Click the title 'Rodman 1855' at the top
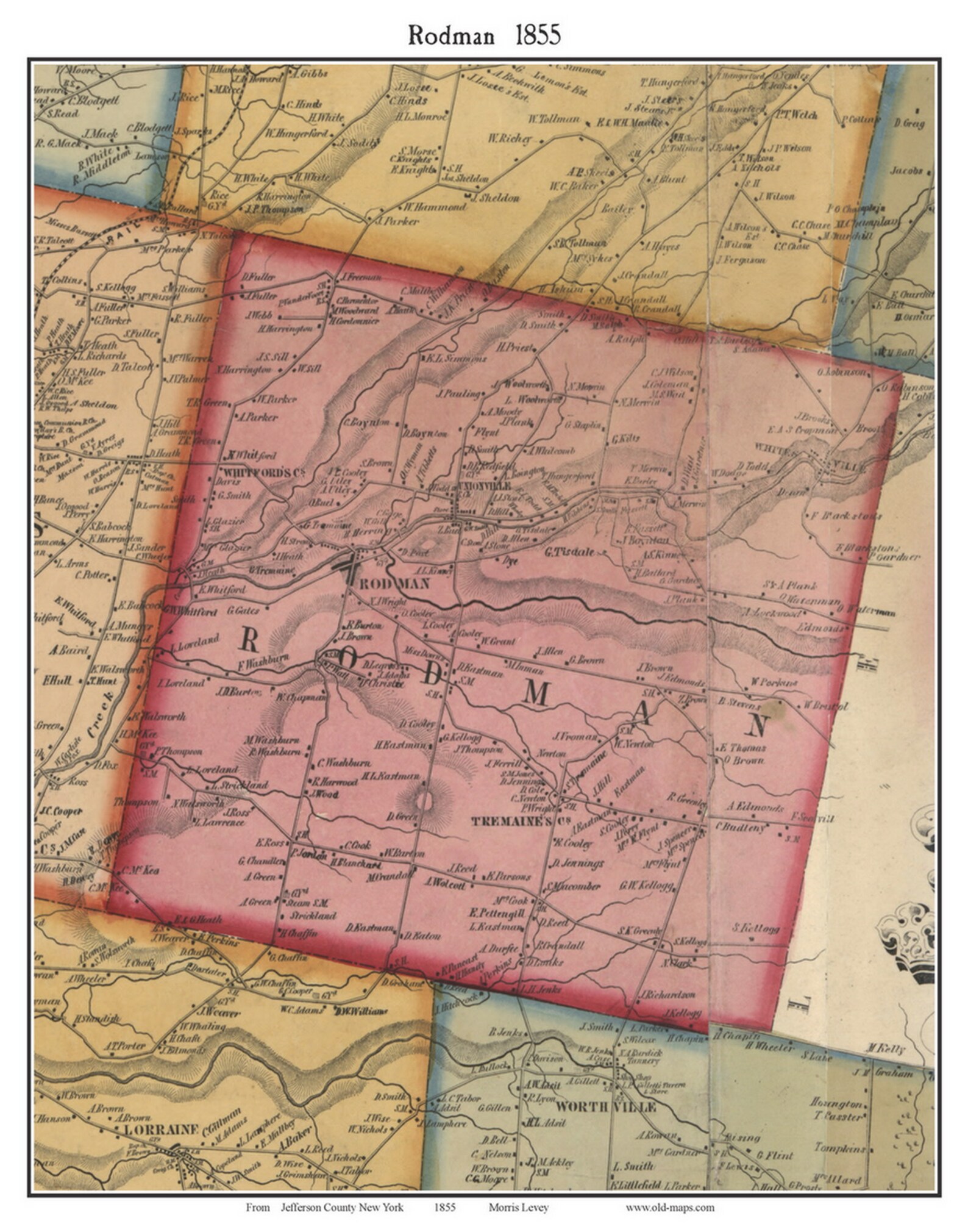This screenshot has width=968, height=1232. [x=484, y=35]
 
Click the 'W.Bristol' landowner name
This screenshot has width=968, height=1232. [x=826, y=706]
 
